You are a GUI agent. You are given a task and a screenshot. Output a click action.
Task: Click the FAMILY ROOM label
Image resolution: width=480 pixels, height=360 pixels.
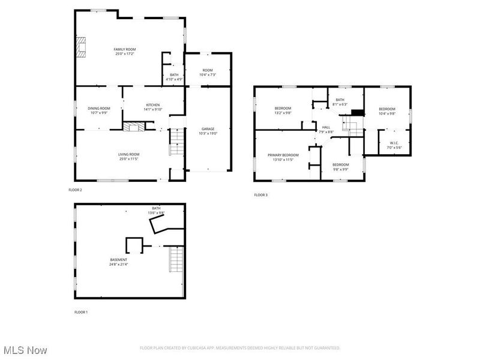125,51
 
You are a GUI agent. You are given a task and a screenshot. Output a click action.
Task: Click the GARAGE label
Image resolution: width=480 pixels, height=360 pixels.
208,131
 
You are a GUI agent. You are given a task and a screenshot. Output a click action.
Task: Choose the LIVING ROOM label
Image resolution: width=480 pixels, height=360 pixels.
128,157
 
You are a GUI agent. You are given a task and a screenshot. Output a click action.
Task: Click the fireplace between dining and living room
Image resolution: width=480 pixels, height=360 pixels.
134,127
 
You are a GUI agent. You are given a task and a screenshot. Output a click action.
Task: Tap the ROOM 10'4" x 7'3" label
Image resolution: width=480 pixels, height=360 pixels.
208,72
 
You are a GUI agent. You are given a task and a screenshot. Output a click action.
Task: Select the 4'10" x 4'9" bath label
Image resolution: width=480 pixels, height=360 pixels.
174,77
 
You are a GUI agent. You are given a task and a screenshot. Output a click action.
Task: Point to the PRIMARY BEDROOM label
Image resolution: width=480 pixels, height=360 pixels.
283,157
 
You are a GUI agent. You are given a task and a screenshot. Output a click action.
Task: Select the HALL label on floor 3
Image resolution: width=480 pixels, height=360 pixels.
326,129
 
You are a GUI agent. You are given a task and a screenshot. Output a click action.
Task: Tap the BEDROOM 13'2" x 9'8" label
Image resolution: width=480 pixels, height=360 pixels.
283,110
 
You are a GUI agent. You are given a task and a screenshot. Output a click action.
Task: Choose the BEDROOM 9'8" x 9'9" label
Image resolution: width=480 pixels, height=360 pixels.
341,166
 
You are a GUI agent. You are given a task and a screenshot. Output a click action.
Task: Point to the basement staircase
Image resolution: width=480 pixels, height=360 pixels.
176,259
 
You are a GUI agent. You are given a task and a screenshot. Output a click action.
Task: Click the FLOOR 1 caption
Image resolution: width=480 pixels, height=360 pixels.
80,312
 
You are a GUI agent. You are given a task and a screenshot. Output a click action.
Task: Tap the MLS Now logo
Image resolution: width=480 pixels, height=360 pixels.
25,349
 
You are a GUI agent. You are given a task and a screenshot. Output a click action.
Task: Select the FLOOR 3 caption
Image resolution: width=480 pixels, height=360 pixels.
260,195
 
